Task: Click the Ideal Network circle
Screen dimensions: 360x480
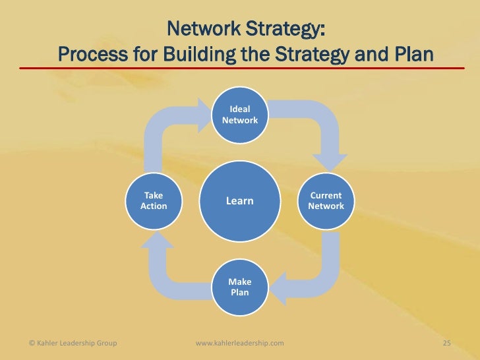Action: (x=240, y=115)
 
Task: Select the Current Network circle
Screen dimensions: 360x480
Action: (x=326, y=200)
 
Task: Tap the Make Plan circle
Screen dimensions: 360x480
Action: (x=240, y=286)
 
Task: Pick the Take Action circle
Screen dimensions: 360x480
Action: (x=154, y=200)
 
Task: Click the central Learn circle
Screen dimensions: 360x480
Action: (x=240, y=200)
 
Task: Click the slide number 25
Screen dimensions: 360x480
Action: (x=446, y=342)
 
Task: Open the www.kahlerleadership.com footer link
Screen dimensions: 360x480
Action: (x=240, y=342)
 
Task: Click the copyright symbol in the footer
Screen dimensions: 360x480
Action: (x=33, y=342)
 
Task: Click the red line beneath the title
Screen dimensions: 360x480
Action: (x=240, y=67)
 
